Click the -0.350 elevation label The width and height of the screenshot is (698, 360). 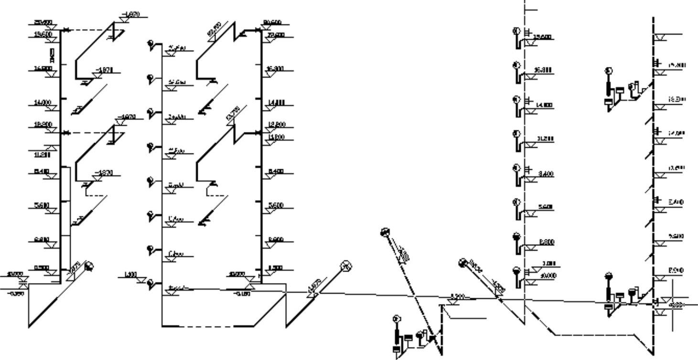(17, 294)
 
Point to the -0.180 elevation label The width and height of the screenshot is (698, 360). (242, 294)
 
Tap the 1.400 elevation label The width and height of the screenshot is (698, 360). (130, 274)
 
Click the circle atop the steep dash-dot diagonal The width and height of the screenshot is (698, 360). (385, 232)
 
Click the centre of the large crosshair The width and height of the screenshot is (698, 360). (673, 304)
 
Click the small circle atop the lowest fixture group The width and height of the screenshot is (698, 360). (396, 319)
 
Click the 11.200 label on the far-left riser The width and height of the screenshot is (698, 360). (42, 154)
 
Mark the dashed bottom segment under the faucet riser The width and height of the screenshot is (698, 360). (208, 327)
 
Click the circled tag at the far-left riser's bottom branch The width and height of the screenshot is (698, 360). (89, 266)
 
